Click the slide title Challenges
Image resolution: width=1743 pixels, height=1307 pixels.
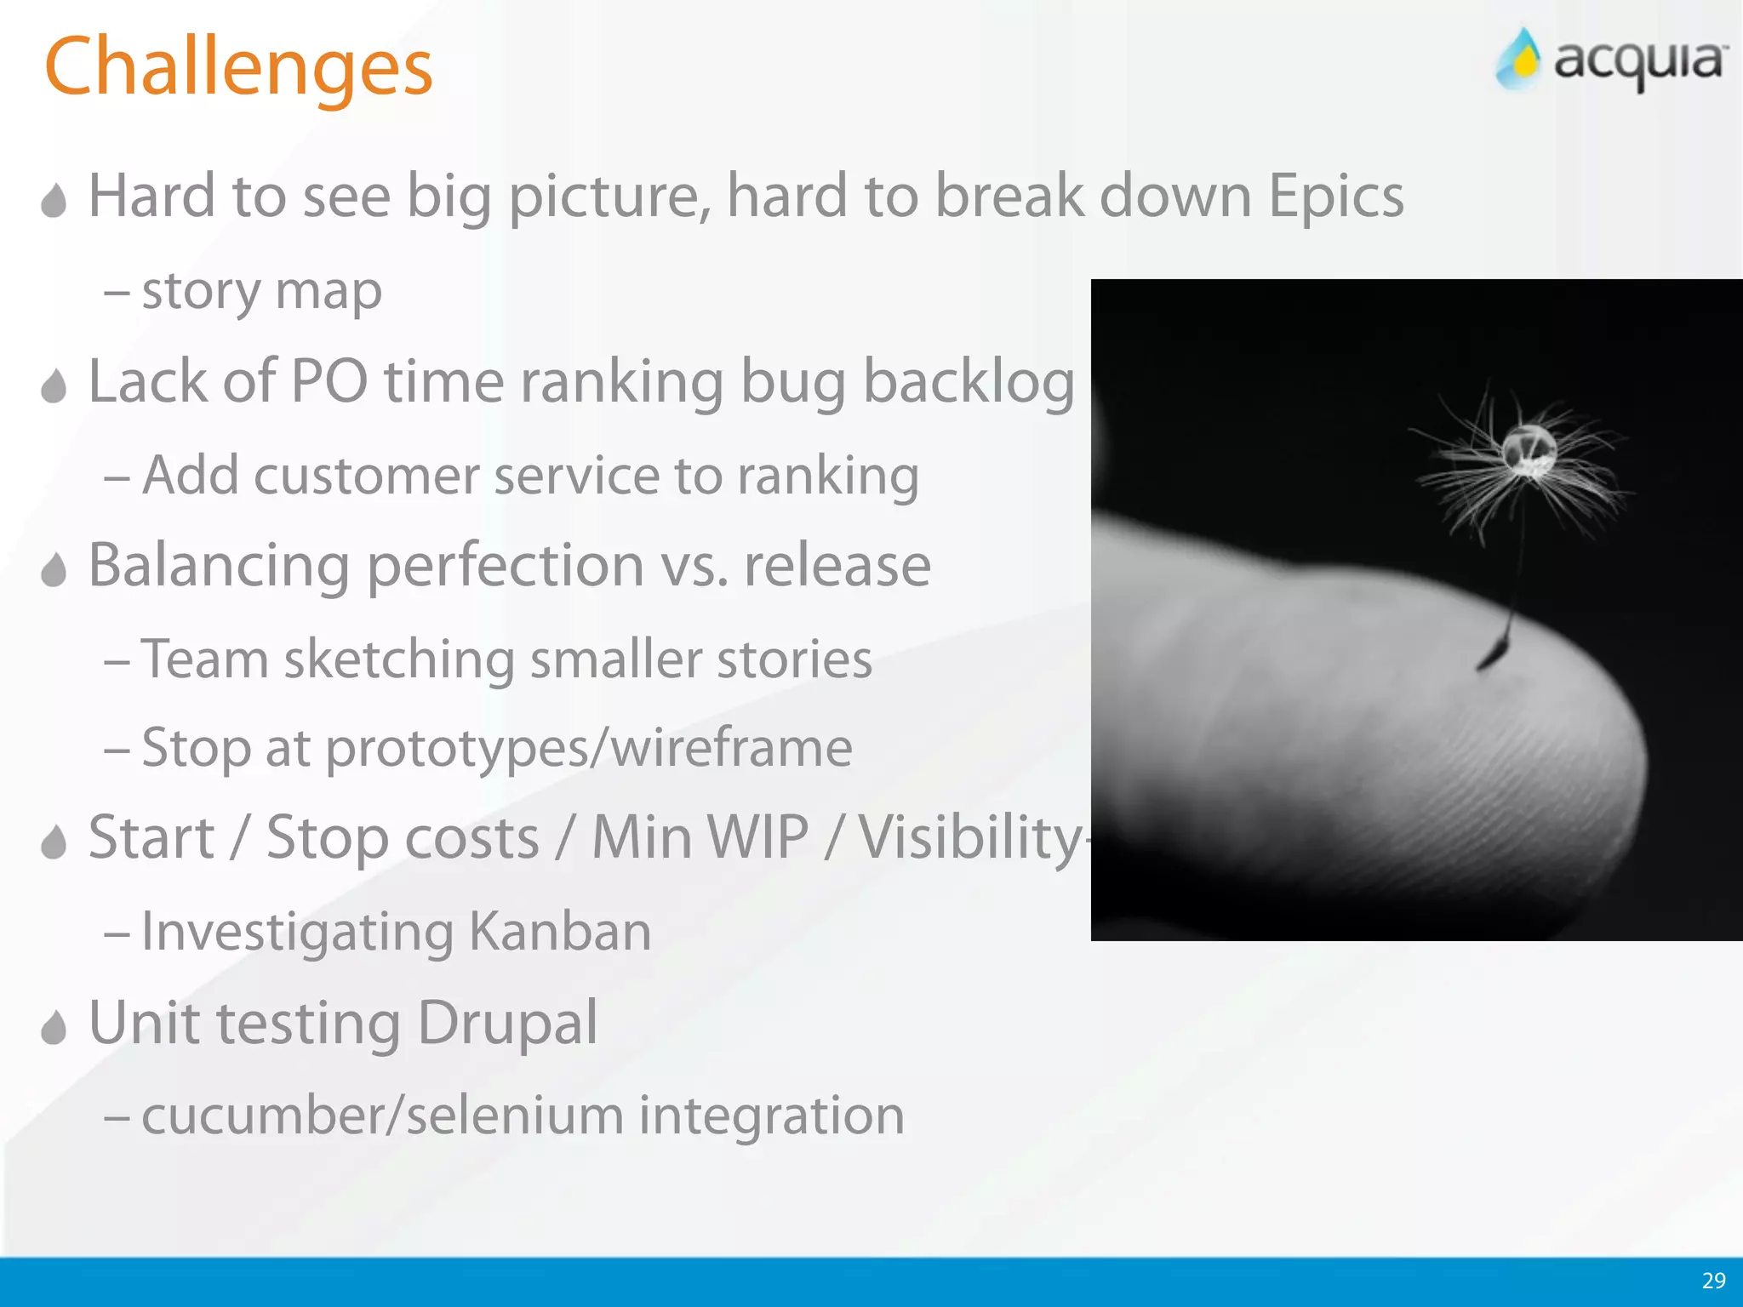[238, 68]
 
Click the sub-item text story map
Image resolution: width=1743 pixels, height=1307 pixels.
[261, 292]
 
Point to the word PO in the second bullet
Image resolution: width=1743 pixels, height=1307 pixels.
[329, 381]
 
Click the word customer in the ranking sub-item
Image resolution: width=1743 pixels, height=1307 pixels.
[366, 476]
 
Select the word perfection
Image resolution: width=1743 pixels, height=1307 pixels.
[506, 567]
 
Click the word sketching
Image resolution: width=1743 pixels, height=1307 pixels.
[399, 660]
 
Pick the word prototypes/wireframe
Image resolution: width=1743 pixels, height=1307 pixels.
[589, 749]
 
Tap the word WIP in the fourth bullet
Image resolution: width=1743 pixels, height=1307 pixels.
[700, 837]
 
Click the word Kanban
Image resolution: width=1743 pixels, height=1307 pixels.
[560, 932]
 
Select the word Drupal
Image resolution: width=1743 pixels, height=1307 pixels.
[507, 1023]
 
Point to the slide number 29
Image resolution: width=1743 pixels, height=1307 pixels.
[1713, 1281]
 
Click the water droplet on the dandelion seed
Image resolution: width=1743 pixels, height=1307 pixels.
[1529, 448]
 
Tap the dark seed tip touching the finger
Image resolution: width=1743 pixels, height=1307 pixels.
[1491, 654]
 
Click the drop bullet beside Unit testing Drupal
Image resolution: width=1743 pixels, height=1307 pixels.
[54, 1027]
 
